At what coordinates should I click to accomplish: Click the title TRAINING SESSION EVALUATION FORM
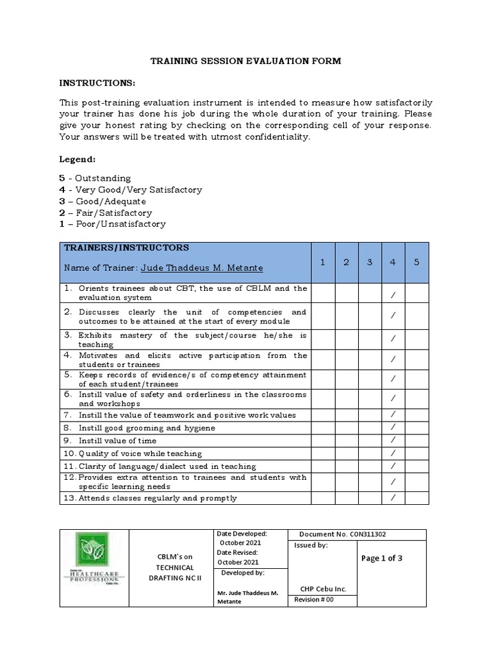(x=245, y=61)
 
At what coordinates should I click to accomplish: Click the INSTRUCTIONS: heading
(x=97, y=84)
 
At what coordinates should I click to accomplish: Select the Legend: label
(x=77, y=158)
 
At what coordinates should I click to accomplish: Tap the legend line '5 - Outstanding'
(x=95, y=178)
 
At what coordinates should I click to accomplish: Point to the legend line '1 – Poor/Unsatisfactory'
(x=112, y=224)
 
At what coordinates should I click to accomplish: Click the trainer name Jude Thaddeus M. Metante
(x=202, y=268)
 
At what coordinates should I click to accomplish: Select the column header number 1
(x=323, y=262)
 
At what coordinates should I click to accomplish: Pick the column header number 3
(x=370, y=262)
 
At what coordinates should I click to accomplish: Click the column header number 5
(x=416, y=262)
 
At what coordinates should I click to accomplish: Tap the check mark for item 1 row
(x=393, y=293)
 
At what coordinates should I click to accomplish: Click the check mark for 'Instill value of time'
(x=393, y=440)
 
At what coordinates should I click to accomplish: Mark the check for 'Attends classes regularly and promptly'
(x=393, y=498)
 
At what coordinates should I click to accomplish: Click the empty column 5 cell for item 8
(x=416, y=427)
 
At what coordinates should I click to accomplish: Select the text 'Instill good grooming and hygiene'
(x=147, y=428)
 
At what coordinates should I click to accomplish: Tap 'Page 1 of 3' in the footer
(x=382, y=558)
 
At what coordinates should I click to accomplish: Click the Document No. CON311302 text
(x=342, y=535)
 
